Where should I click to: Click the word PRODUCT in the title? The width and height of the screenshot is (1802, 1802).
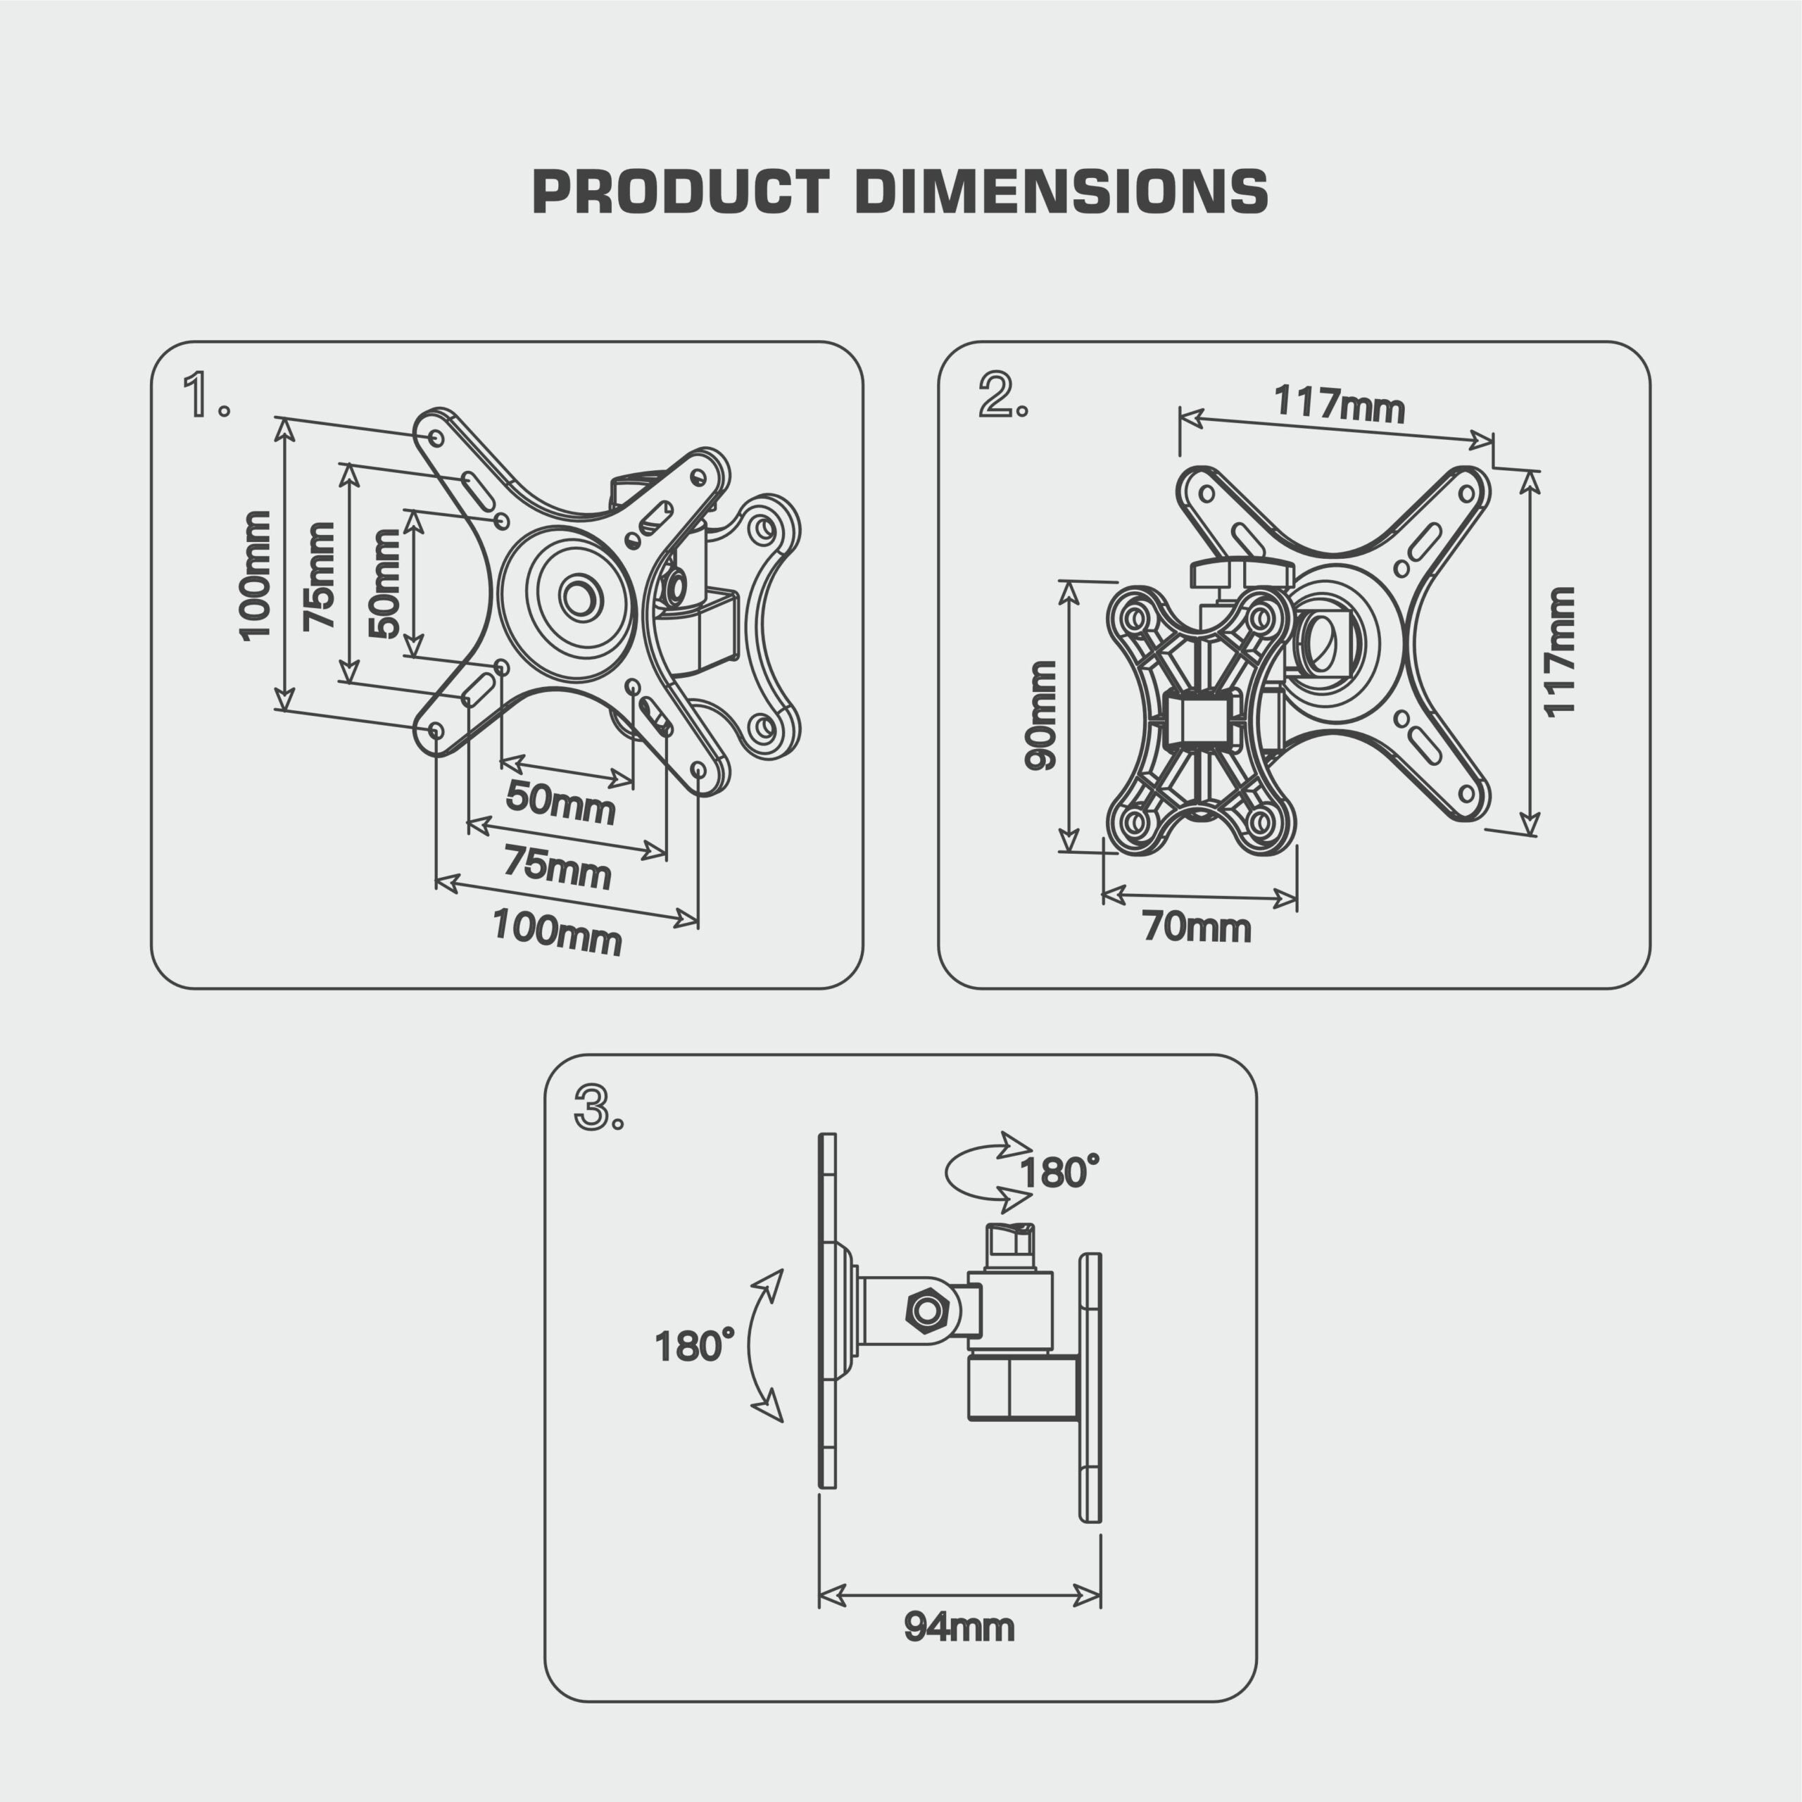tap(680, 192)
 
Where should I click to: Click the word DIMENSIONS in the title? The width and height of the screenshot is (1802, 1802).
tap(1061, 192)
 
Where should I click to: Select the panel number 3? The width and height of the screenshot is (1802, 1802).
tap(593, 1108)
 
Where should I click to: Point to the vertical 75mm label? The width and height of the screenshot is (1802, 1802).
tap(319, 576)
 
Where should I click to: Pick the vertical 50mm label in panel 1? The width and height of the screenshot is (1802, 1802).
tap(384, 584)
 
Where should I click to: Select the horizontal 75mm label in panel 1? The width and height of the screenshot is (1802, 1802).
tap(557, 867)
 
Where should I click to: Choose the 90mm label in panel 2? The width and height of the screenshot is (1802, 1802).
tap(1041, 715)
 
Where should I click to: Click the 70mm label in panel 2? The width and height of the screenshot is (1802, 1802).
tap(1197, 928)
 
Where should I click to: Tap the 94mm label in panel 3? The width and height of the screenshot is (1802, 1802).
tap(959, 1627)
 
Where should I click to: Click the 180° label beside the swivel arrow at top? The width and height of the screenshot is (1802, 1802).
tap(1059, 1173)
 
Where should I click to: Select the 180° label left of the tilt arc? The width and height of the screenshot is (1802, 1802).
tap(694, 1347)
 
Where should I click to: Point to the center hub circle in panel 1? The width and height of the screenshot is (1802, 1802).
tap(579, 596)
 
